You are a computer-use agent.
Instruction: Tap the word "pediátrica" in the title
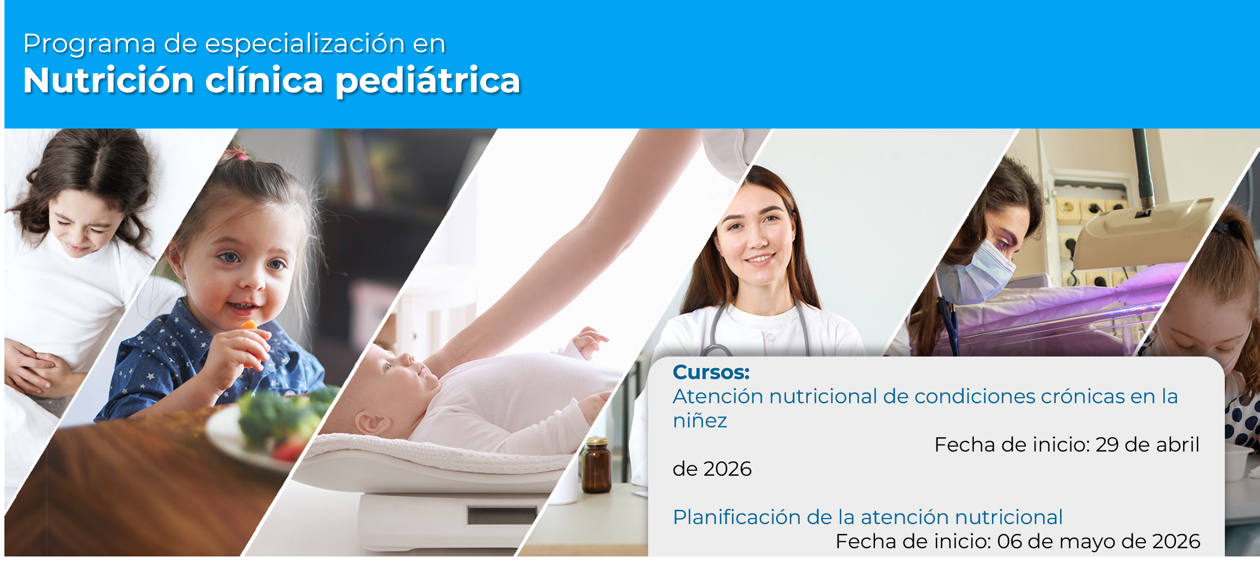coord(427,81)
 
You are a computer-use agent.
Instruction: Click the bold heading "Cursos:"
coord(711,372)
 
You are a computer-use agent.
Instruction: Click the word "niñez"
coord(700,421)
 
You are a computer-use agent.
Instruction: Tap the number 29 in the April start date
coord(1107,445)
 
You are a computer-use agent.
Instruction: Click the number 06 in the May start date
coord(1010,542)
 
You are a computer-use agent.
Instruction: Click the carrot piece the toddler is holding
coord(250,326)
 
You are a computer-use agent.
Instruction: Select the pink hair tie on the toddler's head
coord(242,155)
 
